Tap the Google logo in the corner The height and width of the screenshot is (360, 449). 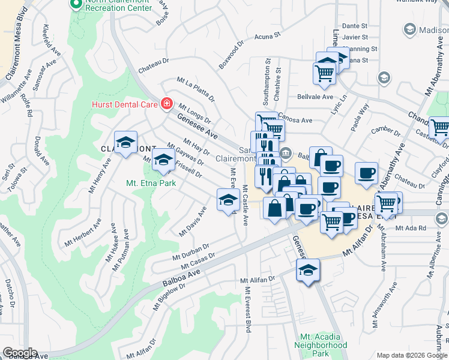click(19, 353)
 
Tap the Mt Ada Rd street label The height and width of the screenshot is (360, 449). click(411, 228)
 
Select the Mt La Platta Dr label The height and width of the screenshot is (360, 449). click(195, 89)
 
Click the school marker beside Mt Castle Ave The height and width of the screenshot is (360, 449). click(228, 200)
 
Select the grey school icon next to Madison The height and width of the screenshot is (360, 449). click(410, 29)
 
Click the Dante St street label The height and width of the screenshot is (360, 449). click(354, 26)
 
